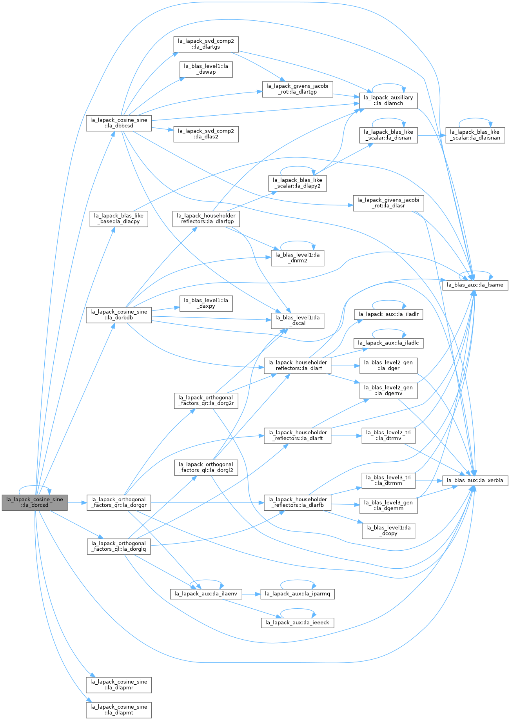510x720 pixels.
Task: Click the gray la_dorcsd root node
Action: (x=34, y=502)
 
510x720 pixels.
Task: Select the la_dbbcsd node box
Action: (x=119, y=123)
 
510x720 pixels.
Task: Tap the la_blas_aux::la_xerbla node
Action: (x=475, y=480)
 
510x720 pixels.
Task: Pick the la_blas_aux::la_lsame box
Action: (x=475, y=285)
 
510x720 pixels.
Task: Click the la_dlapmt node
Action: (x=119, y=710)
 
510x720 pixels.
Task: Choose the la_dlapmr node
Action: (x=119, y=685)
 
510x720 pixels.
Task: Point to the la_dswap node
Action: (x=206, y=69)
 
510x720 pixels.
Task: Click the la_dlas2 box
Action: (x=206, y=134)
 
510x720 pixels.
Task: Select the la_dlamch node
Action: (x=388, y=101)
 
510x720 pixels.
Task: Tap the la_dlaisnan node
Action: (x=475, y=135)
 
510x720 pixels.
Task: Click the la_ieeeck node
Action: (x=298, y=622)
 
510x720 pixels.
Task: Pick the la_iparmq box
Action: (x=298, y=594)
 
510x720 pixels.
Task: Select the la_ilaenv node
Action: (x=206, y=594)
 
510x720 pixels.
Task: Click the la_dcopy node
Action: (x=388, y=531)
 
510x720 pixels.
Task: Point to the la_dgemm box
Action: (x=388, y=506)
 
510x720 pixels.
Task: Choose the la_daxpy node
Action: (x=206, y=303)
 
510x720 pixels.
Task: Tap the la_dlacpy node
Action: (x=119, y=219)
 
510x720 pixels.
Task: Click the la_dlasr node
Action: (x=388, y=203)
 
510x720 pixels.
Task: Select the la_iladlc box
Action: (x=388, y=343)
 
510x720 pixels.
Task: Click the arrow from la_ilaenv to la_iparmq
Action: (x=251, y=594)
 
